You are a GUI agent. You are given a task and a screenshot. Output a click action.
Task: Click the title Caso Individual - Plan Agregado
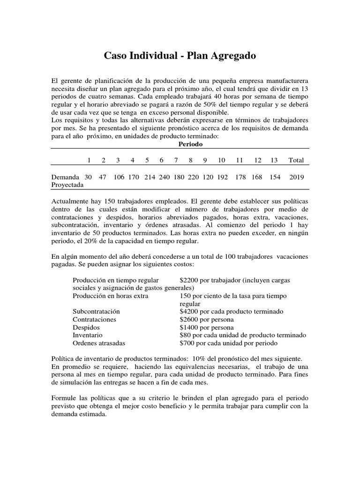(x=180, y=56)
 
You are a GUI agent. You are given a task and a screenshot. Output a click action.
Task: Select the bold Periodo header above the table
(x=190, y=144)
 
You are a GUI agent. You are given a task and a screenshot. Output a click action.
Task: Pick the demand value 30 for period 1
(x=88, y=178)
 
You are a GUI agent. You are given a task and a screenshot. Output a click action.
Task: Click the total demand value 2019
(x=296, y=178)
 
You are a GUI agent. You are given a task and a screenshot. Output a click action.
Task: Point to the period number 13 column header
(x=274, y=160)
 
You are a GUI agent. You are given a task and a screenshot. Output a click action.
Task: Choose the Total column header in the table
(x=296, y=160)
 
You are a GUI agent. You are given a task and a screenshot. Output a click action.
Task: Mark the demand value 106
(x=119, y=178)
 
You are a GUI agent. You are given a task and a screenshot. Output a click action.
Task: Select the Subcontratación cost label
(x=97, y=312)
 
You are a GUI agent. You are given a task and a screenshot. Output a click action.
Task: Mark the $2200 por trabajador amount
(x=189, y=280)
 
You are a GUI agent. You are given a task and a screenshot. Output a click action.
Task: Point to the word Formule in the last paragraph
(x=64, y=398)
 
